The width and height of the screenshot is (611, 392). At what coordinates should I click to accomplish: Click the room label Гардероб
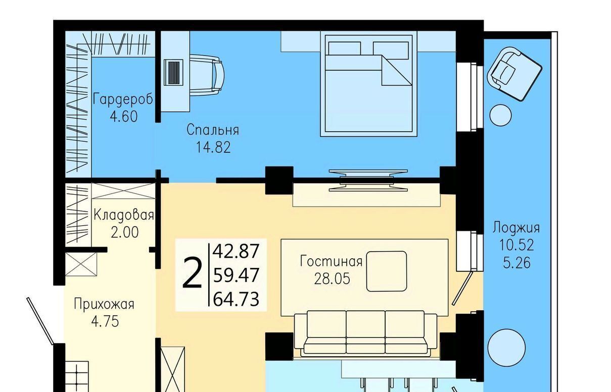pyautogui.click(x=123, y=99)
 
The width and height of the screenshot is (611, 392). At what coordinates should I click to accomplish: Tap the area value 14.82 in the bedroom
pyautogui.click(x=213, y=147)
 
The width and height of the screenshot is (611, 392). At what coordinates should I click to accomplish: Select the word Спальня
pyautogui.click(x=213, y=130)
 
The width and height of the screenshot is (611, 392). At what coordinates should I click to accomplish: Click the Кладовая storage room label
pyautogui.click(x=123, y=215)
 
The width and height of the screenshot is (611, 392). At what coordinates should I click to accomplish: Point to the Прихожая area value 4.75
pyautogui.click(x=105, y=321)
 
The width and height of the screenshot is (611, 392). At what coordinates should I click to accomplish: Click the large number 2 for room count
pyautogui.click(x=193, y=273)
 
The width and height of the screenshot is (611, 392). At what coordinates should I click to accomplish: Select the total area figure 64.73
pyautogui.click(x=236, y=299)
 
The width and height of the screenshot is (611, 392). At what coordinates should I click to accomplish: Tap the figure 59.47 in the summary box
pyautogui.click(x=236, y=275)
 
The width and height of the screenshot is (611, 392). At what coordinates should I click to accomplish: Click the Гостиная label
pyautogui.click(x=331, y=261)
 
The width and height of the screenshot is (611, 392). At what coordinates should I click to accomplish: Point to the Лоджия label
pyautogui.click(x=516, y=228)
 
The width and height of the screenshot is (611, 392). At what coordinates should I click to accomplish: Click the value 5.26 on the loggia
pyautogui.click(x=516, y=263)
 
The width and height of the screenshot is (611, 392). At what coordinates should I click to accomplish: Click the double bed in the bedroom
pyautogui.click(x=369, y=85)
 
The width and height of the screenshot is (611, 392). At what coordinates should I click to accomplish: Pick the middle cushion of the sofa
pyautogui.click(x=365, y=332)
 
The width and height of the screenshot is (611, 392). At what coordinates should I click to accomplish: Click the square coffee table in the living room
pyautogui.click(x=387, y=271)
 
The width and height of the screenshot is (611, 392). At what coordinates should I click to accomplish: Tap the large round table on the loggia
pyautogui.click(x=506, y=348)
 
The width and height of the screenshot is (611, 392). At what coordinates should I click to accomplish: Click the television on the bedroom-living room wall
pyautogui.click(x=368, y=180)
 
